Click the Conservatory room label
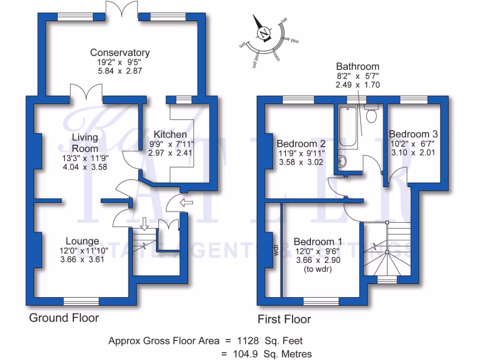(x=120, y=52)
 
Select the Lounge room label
(x=82, y=242)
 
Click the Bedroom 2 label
(x=301, y=144)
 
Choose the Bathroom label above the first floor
(x=358, y=67)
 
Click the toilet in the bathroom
(x=371, y=114)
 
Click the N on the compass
(x=264, y=34)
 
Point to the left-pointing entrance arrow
(x=186, y=202)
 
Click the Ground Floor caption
(x=64, y=318)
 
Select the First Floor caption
(x=285, y=320)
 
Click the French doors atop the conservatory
(x=122, y=9)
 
